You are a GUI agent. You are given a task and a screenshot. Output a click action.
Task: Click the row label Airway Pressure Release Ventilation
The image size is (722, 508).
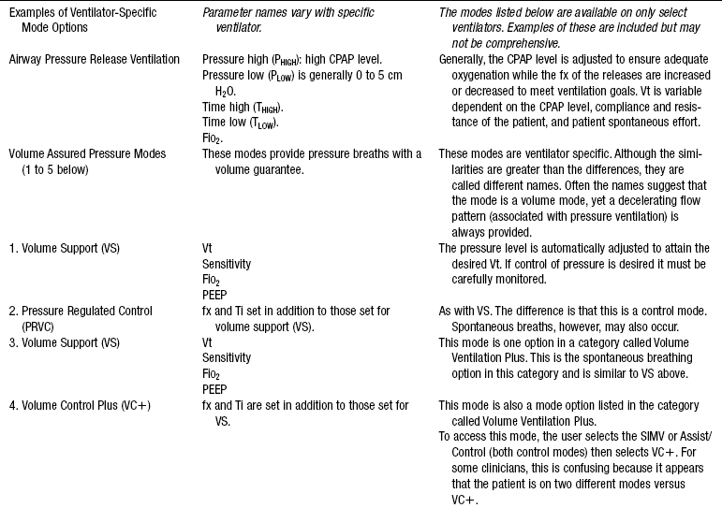[x=94, y=59]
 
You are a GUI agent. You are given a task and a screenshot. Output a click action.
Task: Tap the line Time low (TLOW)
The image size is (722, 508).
[x=241, y=123]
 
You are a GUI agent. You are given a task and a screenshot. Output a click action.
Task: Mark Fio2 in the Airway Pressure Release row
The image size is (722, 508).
[x=213, y=138]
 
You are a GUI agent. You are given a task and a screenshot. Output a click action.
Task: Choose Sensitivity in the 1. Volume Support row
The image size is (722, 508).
[x=227, y=264]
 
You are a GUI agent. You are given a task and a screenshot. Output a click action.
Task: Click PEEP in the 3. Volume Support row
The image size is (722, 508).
[x=215, y=389]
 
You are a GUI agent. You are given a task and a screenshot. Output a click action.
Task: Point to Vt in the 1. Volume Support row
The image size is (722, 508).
[x=207, y=248]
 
